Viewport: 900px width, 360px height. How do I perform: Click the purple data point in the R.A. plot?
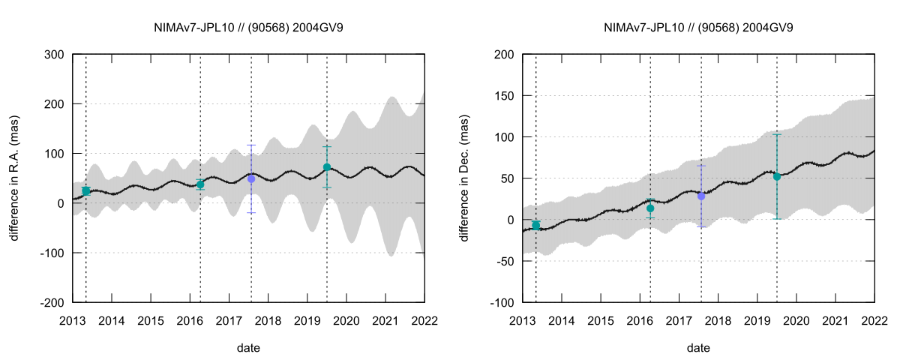tap(251, 179)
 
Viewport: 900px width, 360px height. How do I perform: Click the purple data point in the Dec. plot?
tap(701, 196)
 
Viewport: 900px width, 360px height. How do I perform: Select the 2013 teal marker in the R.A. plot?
tap(86, 191)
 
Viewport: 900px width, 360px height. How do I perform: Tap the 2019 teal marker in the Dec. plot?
tap(777, 177)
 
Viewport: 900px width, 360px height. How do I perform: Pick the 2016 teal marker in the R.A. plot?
tap(200, 184)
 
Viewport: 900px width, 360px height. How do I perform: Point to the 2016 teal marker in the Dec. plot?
tap(650, 208)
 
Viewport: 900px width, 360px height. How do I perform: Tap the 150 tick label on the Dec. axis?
tap(504, 96)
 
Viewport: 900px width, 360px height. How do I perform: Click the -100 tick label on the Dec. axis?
tap(502, 302)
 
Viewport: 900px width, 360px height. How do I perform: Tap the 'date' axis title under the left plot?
tap(248, 348)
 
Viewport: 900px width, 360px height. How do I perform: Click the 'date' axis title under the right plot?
tap(698, 348)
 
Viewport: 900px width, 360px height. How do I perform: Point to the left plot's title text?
tap(248, 28)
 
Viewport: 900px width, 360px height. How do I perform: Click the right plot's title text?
tap(698, 28)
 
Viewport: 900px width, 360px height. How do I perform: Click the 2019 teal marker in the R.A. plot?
tap(327, 167)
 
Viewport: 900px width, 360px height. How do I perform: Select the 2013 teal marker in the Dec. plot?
tap(536, 225)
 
